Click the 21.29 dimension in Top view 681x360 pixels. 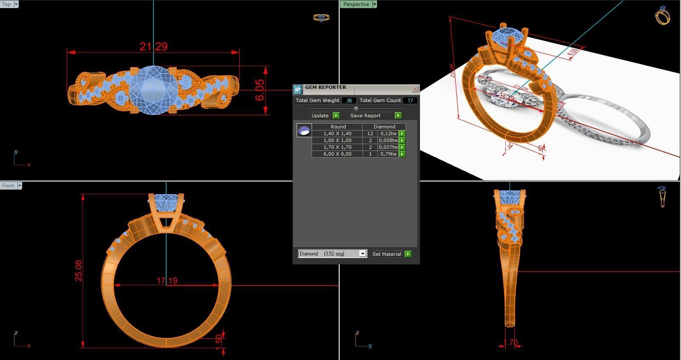[153, 46]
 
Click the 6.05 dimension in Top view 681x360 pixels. [260, 90]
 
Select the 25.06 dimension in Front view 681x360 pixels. [79, 271]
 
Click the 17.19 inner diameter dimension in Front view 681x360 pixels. [167, 281]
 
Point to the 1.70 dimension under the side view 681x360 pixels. [510, 342]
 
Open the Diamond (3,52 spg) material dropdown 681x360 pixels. [332, 254]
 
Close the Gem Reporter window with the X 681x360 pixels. [415, 89]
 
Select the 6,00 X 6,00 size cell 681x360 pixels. [337, 154]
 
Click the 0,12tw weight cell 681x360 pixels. [388, 133]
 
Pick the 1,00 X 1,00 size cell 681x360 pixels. [337, 140]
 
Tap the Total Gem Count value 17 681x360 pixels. [410, 100]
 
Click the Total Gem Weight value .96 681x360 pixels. [349, 100]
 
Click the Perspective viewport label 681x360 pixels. [356, 4]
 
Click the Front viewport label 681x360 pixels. [8, 186]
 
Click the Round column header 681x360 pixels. [338, 127]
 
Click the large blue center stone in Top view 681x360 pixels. [153, 90]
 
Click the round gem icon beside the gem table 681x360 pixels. [304, 130]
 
